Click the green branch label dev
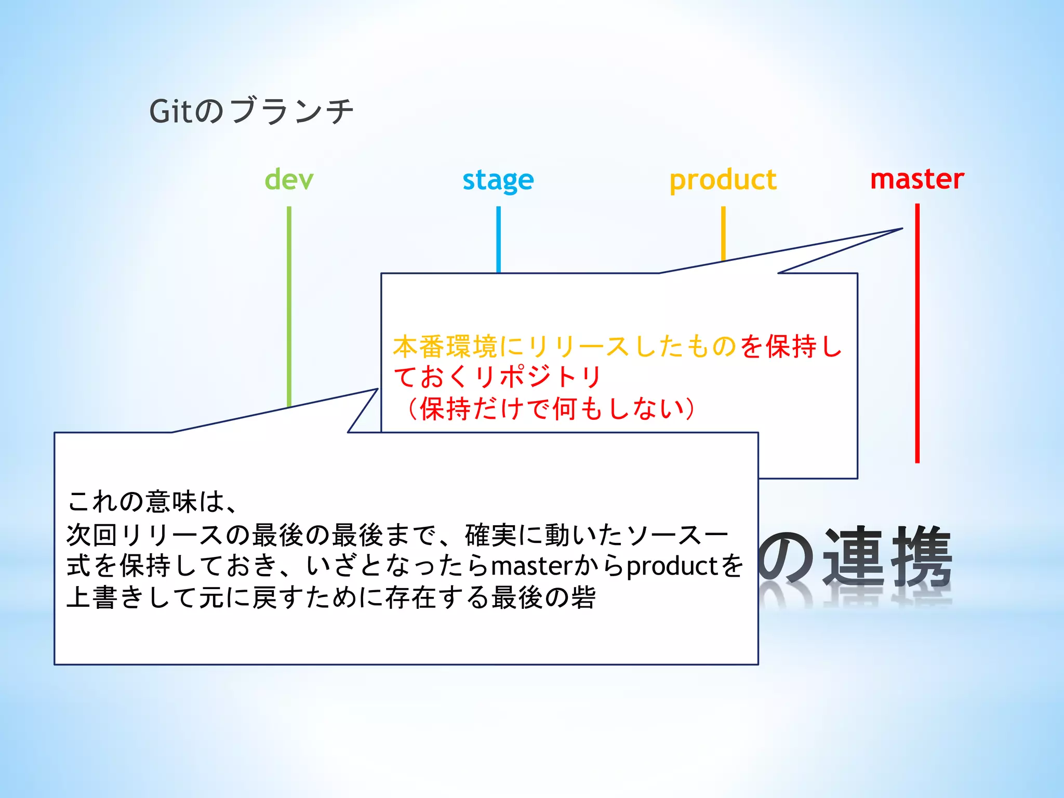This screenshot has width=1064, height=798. click(x=289, y=180)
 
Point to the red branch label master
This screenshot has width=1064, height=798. click(x=917, y=179)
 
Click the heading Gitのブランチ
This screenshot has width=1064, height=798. click(x=251, y=111)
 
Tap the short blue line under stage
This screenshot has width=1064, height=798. click(x=498, y=239)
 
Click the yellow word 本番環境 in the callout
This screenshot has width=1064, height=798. click(x=445, y=347)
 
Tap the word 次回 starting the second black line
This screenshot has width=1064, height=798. click(x=92, y=535)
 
